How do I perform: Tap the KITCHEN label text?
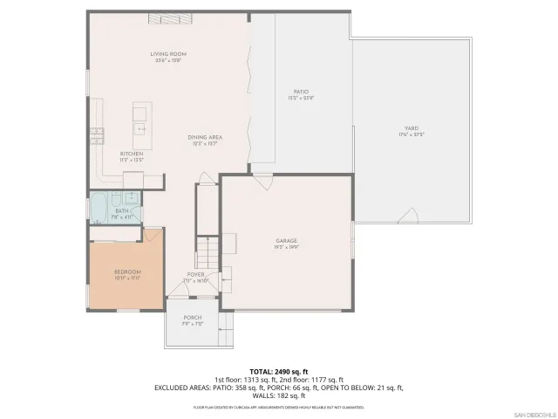[131, 154]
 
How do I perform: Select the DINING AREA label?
[206, 137]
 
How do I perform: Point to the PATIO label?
[301, 92]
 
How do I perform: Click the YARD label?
[409, 128]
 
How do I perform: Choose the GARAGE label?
[287, 240]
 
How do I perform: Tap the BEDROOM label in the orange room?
[127, 272]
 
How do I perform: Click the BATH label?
[122, 210]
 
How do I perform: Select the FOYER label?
[196, 274]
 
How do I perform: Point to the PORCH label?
[193, 317]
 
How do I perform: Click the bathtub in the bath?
[100, 209]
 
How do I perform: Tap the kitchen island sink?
[139, 127]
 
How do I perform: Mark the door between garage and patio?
[262, 182]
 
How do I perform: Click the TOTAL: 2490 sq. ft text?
[278, 371]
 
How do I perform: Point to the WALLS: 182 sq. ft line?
[278, 395]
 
